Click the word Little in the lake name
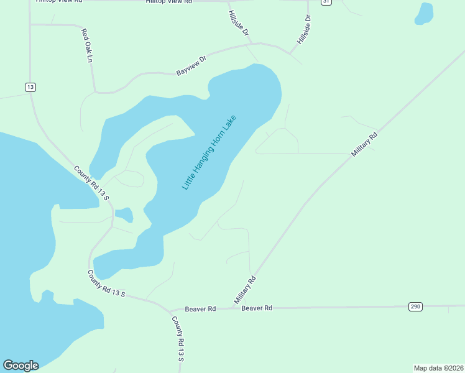point(188,180)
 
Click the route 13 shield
point(30,87)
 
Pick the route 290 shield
point(415,306)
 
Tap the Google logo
point(21,366)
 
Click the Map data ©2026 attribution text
point(438,368)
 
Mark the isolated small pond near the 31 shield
point(424,14)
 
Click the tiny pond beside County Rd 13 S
point(124,215)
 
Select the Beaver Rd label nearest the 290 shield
point(257,308)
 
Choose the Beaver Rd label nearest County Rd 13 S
point(200,308)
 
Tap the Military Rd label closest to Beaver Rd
point(245,290)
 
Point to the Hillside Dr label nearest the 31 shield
point(303,30)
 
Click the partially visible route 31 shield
point(326,2)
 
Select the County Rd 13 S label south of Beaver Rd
point(178,338)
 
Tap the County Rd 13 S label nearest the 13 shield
point(91,183)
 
